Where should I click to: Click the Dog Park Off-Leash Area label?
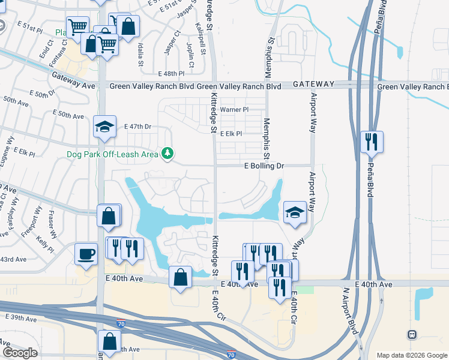pyautogui.click(x=112, y=154)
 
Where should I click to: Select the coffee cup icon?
pyautogui.click(x=86, y=253)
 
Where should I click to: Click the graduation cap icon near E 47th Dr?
pyautogui.click(x=104, y=127)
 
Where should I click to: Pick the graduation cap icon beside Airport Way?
pyautogui.click(x=295, y=212)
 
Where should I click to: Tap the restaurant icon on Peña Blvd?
pyautogui.click(x=372, y=142)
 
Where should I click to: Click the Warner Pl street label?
pyautogui.click(x=234, y=110)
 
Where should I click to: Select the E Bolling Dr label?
pyautogui.click(x=264, y=165)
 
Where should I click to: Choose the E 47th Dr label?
pyautogui.click(x=138, y=127)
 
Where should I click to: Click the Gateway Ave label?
pyautogui.click(x=73, y=86)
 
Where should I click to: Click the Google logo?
pyautogui.click(x=20, y=353)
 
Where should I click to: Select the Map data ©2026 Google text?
pyautogui.click(x=411, y=355)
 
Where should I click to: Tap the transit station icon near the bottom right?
pyautogui.click(x=412, y=334)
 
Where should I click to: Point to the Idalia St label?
pyautogui.click(x=140, y=53)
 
